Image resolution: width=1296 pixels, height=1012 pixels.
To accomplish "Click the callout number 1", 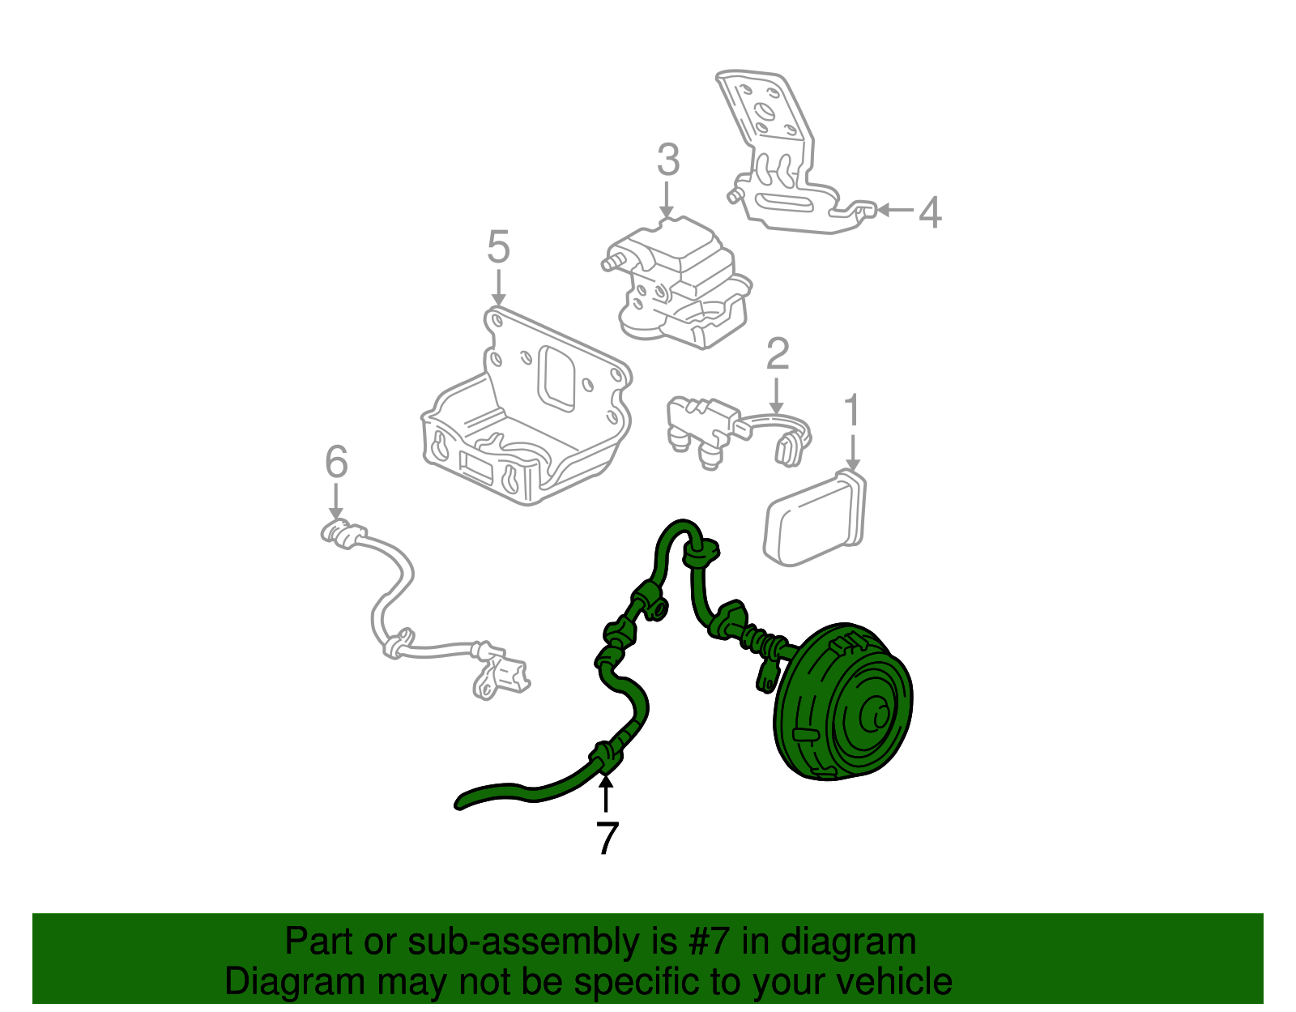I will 851,412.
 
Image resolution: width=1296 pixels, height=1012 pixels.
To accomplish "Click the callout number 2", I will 777,355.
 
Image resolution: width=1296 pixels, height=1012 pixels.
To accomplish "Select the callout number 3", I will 667,160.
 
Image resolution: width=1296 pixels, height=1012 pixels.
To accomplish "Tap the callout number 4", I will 930,212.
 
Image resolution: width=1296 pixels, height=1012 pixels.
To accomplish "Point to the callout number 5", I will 498,247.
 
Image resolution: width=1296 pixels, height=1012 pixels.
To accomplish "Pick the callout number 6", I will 336,463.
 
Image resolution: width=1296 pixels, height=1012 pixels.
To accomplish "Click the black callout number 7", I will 606,839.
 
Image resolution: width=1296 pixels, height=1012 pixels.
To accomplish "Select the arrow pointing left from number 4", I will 894,210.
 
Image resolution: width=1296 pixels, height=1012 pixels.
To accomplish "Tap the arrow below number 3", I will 667,200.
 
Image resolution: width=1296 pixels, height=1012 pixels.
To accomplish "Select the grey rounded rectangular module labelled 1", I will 813,519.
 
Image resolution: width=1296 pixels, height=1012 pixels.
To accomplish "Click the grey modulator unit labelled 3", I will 680,284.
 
